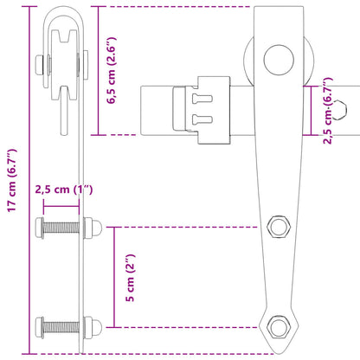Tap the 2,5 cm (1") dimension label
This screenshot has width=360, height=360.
pos(62,190)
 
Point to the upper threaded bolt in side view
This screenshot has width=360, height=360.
pos(62,228)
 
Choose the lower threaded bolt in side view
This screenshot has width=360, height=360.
pos(62,327)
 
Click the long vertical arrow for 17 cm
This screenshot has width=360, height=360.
pos(29,182)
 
